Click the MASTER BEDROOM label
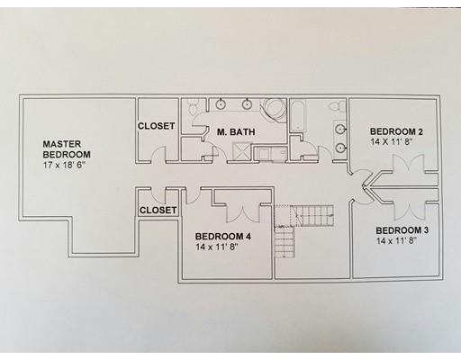pos(67,149)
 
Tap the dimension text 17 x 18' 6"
pos(65,165)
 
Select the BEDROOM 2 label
pos(396,131)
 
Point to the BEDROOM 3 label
pos(402,230)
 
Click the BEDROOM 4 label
pos(223,237)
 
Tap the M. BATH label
pos(236,132)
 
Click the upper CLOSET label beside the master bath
pos(156,126)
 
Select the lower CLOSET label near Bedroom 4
pos(158,210)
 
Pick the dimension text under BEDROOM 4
pos(217,247)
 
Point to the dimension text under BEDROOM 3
pos(396,241)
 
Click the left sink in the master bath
pos(221,104)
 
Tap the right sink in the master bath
pos(247,104)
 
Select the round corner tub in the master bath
pos(274,110)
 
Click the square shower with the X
pos(242,151)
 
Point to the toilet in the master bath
pos(192,106)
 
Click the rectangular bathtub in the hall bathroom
pos(298,116)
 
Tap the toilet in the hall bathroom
pos(336,107)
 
